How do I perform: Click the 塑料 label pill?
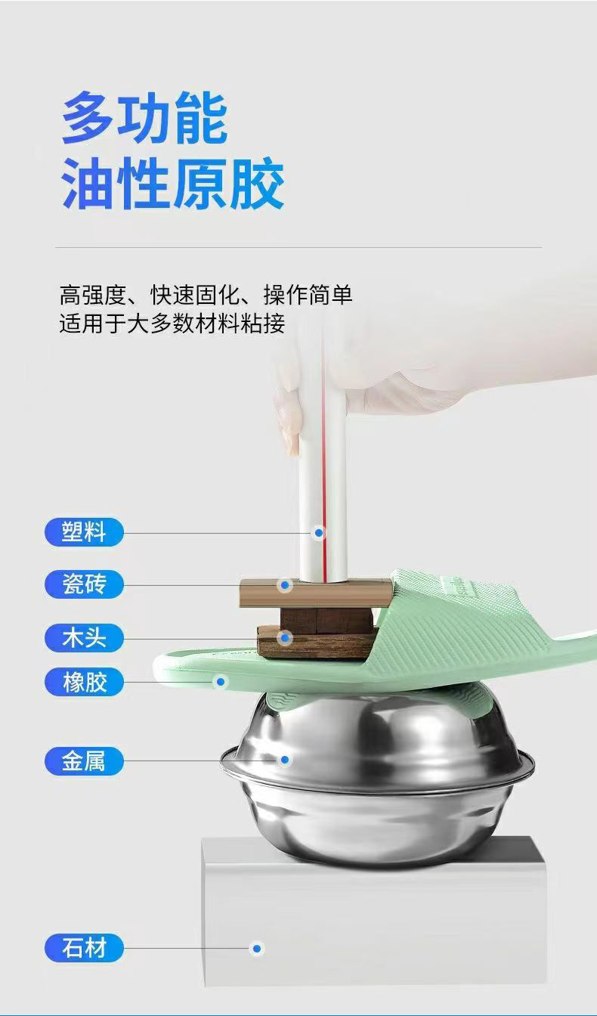click(x=83, y=532)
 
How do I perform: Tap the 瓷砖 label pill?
click(x=83, y=584)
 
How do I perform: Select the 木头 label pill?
click(x=83, y=637)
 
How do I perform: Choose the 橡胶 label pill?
click(x=83, y=682)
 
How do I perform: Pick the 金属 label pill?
click(x=83, y=760)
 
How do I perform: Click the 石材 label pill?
click(x=83, y=947)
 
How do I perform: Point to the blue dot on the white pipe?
click(x=319, y=533)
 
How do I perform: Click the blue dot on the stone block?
click(x=257, y=948)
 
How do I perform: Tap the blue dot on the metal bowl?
click(x=285, y=760)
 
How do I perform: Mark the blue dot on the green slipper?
click(x=221, y=682)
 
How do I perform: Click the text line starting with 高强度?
click(x=206, y=294)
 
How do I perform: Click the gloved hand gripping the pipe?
click(x=423, y=378)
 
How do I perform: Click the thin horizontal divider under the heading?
click(x=298, y=247)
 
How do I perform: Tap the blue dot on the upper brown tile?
click(x=285, y=584)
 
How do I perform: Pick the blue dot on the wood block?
click(x=285, y=638)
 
